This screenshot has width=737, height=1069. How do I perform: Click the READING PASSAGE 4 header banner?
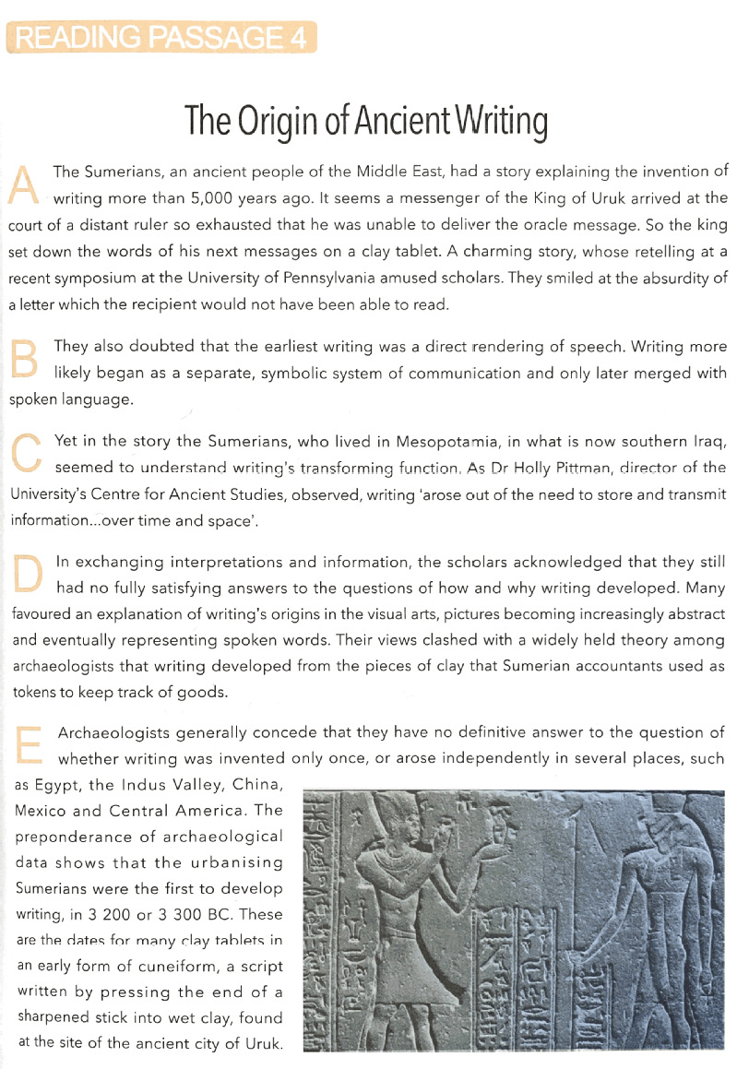coord(161,39)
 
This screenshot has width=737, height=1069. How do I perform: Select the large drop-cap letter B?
coord(22,360)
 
